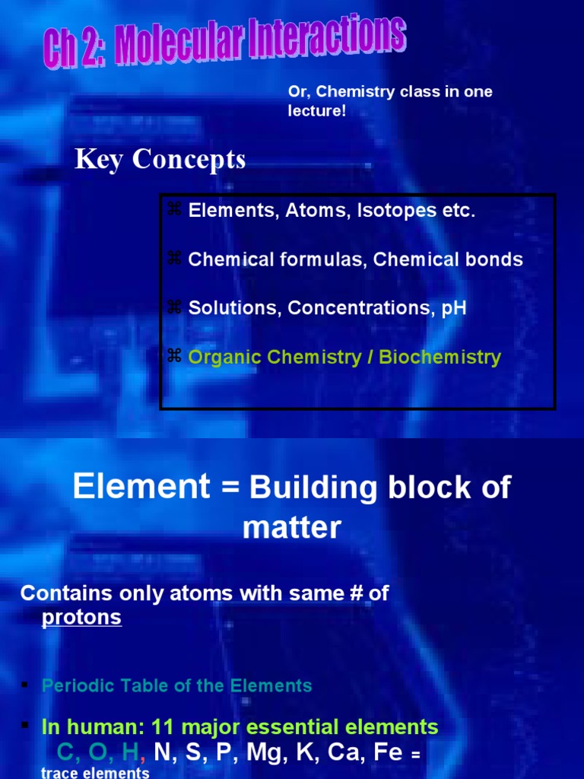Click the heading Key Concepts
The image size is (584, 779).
160,160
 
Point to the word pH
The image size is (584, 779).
454,309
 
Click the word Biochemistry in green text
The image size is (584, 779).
443,358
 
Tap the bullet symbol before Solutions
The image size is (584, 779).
173,307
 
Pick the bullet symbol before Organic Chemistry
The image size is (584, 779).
173,356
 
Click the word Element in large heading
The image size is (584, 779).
141,487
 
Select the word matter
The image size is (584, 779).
292,526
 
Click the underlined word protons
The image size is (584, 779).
81,617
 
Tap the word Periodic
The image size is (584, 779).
75,685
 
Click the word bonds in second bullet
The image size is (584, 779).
495,260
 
